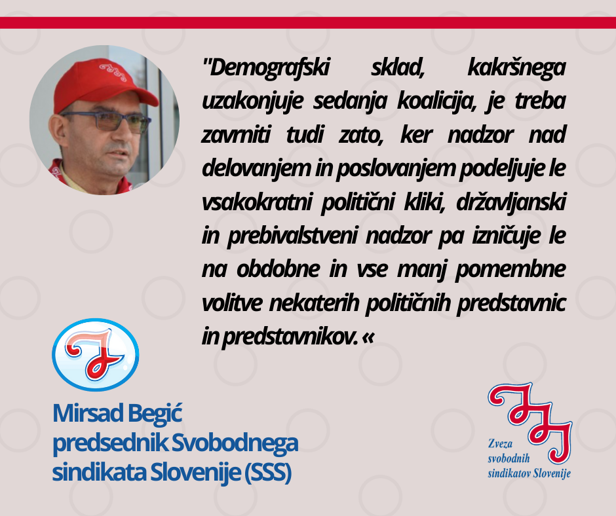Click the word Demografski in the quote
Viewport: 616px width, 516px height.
(269, 67)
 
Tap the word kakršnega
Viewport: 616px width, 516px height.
(516, 67)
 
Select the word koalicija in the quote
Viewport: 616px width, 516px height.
(437, 101)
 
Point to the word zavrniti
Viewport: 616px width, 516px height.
(236, 135)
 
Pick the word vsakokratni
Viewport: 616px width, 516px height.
(257, 202)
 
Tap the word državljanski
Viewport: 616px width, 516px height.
(511, 202)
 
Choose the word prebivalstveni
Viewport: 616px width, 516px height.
(292, 236)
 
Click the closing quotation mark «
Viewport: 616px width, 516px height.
(368, 338)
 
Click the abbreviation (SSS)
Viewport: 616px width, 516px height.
(268, 472)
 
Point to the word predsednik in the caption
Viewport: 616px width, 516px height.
(110, 444)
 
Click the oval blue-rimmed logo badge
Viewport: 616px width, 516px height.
(96, 355)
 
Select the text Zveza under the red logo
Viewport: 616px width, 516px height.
(500, 444)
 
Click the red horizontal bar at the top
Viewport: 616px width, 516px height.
(308, 23)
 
